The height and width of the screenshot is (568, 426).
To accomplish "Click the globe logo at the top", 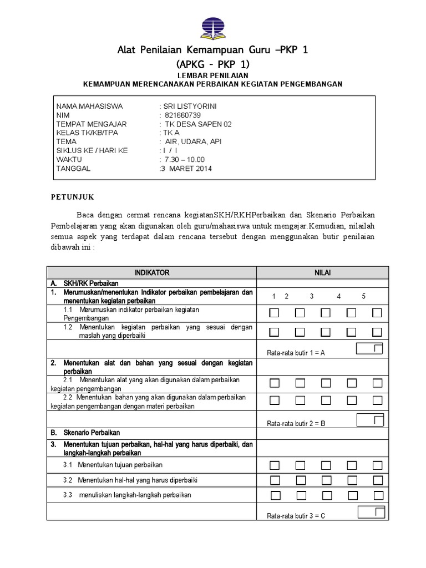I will (213, 26).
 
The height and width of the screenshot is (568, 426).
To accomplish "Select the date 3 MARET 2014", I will (186, 169).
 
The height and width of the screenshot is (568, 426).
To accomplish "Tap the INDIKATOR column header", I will (151, 272).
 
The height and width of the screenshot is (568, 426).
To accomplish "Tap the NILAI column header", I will (322, 272).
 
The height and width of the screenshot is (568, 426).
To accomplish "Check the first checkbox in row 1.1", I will (274, 313).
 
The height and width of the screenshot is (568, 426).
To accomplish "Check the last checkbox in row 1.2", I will (377, 332).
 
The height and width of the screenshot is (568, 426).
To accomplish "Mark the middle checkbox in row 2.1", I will (326, 383).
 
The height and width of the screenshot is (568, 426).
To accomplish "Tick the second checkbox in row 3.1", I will (300, 465).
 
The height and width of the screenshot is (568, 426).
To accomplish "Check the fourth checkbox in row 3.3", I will (352, 495).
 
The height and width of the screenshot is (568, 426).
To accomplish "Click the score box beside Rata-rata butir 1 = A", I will (370, 349).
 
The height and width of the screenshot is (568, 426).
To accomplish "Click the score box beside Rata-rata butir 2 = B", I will (370, 419).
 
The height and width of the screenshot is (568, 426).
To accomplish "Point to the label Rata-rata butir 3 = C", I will (296, 516).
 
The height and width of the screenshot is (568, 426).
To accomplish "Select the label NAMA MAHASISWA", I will (90, 106).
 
